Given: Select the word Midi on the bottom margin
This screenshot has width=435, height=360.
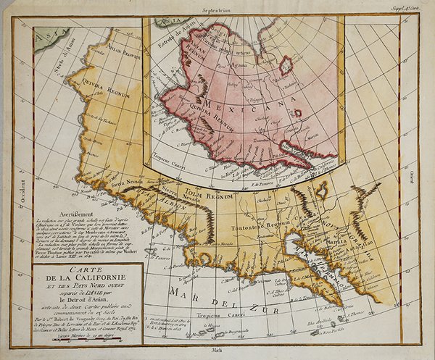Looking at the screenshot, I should pos(215,350).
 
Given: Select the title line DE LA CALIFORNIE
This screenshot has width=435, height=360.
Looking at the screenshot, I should pos(79,280).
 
